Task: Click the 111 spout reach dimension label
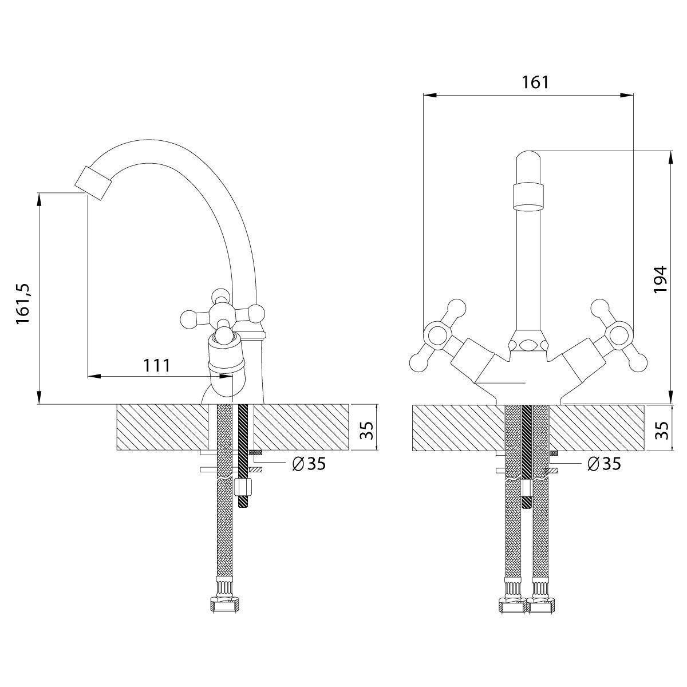coord(157,365)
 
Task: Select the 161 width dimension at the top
coord(535,82)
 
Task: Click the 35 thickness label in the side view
coord(367,430)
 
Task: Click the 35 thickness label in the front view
coord(662,431)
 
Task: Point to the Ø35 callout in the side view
coord(309,464)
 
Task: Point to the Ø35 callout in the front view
coord(605,464)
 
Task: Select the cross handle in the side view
coord(223,314)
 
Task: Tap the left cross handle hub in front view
coord(437,334)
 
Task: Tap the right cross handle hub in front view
coord(619,334)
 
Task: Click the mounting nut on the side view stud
coord(244,486)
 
